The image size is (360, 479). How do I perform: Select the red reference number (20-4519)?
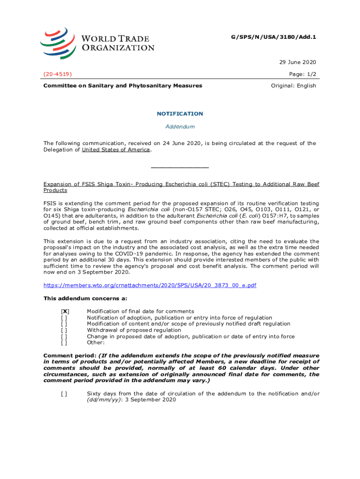58,74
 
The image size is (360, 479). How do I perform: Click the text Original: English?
294,86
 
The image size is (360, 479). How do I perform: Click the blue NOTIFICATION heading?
180,114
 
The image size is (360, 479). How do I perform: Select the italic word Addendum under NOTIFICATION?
180,127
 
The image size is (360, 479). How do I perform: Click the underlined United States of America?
116,150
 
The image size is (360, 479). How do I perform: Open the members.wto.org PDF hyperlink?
150,285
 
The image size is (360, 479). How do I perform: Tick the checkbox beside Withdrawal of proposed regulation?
64,330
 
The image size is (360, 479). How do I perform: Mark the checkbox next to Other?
64,342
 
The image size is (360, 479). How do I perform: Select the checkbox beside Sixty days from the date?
64,394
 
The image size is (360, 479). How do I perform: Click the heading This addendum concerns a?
85,298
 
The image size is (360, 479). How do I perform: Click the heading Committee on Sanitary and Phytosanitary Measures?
122,86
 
